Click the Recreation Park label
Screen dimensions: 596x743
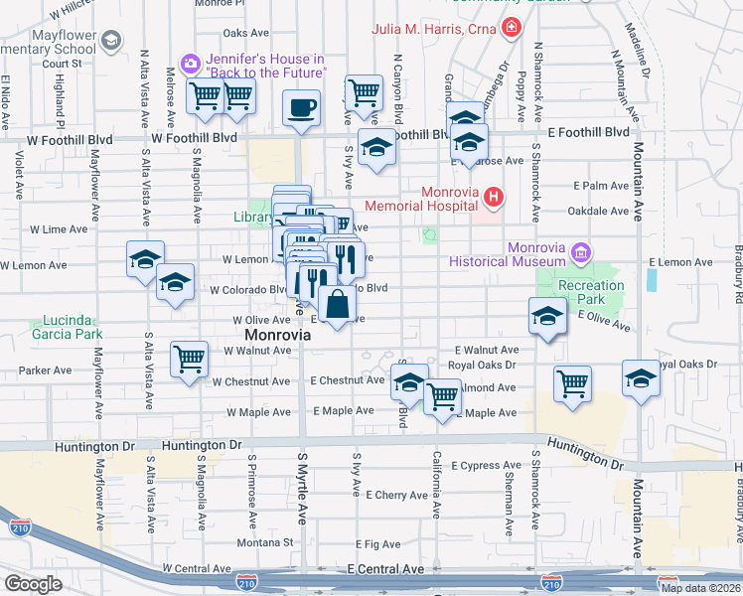point(591,292)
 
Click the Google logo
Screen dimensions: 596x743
point(33,584)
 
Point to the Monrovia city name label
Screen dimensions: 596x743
point(278,336)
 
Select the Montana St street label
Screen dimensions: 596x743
point(266,543)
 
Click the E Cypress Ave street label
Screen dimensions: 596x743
point(487,465)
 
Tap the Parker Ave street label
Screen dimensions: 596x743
point(46,371)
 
